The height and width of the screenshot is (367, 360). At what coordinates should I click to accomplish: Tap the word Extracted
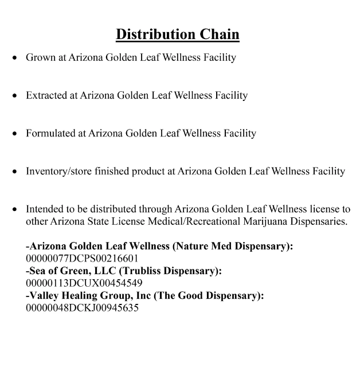pos(46,95)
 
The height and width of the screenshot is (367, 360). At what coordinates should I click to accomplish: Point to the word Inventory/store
pos(61,171)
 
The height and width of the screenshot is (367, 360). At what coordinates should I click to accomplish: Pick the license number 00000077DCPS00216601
pos(82,258)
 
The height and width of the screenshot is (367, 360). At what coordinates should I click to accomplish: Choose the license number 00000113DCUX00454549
pos(84,283)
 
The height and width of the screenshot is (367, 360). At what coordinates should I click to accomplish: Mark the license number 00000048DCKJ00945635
pos(82,307)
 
